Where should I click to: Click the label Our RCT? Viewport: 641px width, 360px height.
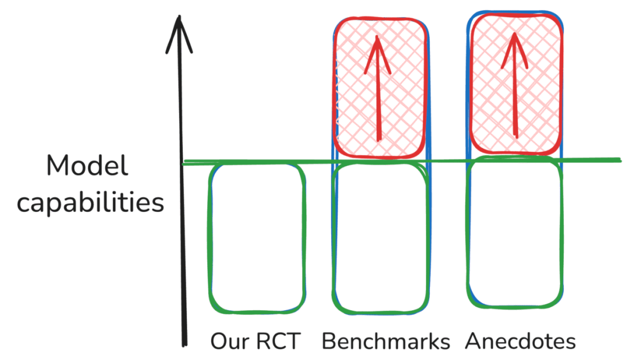(256, 342)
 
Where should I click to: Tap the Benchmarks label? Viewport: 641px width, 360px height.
(386, 342)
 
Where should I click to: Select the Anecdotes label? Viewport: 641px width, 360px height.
(520, 342)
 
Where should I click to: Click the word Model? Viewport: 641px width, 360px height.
(87, 167)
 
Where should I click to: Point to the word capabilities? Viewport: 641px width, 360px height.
(90, 203)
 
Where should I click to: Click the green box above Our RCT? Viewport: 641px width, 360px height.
(258, 237)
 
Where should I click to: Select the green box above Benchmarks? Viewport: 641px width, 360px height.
(380, 237)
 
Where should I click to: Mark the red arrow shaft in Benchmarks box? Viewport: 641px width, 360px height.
(378, 101)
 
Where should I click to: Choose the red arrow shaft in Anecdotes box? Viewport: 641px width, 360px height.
(515, 95)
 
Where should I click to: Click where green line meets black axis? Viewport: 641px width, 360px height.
(184, 163)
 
